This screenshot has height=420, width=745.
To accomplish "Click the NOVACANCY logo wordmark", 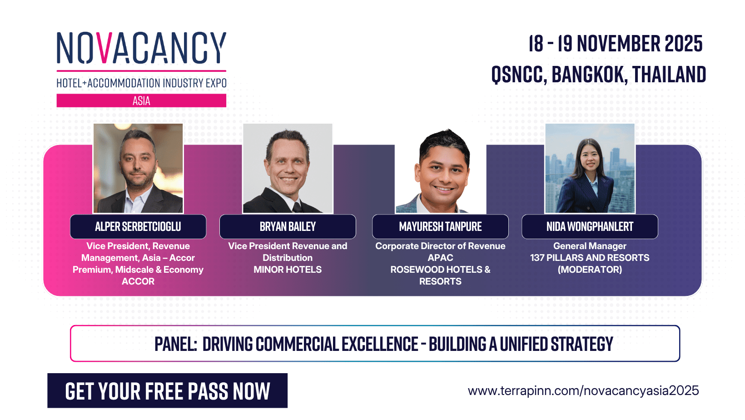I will (141, 48).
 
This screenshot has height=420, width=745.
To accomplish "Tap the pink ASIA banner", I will (141, 100).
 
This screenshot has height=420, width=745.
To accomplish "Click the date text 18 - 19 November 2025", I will (615, 44).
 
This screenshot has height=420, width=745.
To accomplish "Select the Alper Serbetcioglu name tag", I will (138, 226).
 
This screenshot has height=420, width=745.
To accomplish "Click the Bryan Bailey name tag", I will (288, 226).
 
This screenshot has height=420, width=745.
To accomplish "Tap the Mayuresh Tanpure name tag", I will (440, 226).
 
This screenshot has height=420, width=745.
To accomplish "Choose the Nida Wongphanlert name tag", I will (590, 226).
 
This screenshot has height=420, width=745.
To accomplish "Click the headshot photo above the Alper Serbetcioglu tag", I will (138, 168).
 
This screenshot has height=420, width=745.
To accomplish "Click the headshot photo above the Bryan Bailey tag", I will (288, 168).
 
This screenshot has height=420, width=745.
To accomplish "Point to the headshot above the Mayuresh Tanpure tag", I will (440, 173).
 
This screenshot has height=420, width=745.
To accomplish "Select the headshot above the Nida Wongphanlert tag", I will (590, 168).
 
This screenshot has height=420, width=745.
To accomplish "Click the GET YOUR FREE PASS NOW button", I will (167, 391).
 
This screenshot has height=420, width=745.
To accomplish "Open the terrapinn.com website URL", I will (583, 391).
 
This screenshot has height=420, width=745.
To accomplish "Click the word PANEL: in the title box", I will (175, 344).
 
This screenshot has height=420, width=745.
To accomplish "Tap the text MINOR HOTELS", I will (288, 270).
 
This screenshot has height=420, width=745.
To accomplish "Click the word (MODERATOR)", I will (590, 270).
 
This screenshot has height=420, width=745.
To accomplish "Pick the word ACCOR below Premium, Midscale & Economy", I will (138, 281).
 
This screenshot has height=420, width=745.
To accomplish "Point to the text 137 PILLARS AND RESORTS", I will (590, 258).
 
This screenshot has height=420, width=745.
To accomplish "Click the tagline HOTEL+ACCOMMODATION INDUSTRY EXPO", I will (141, 83).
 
